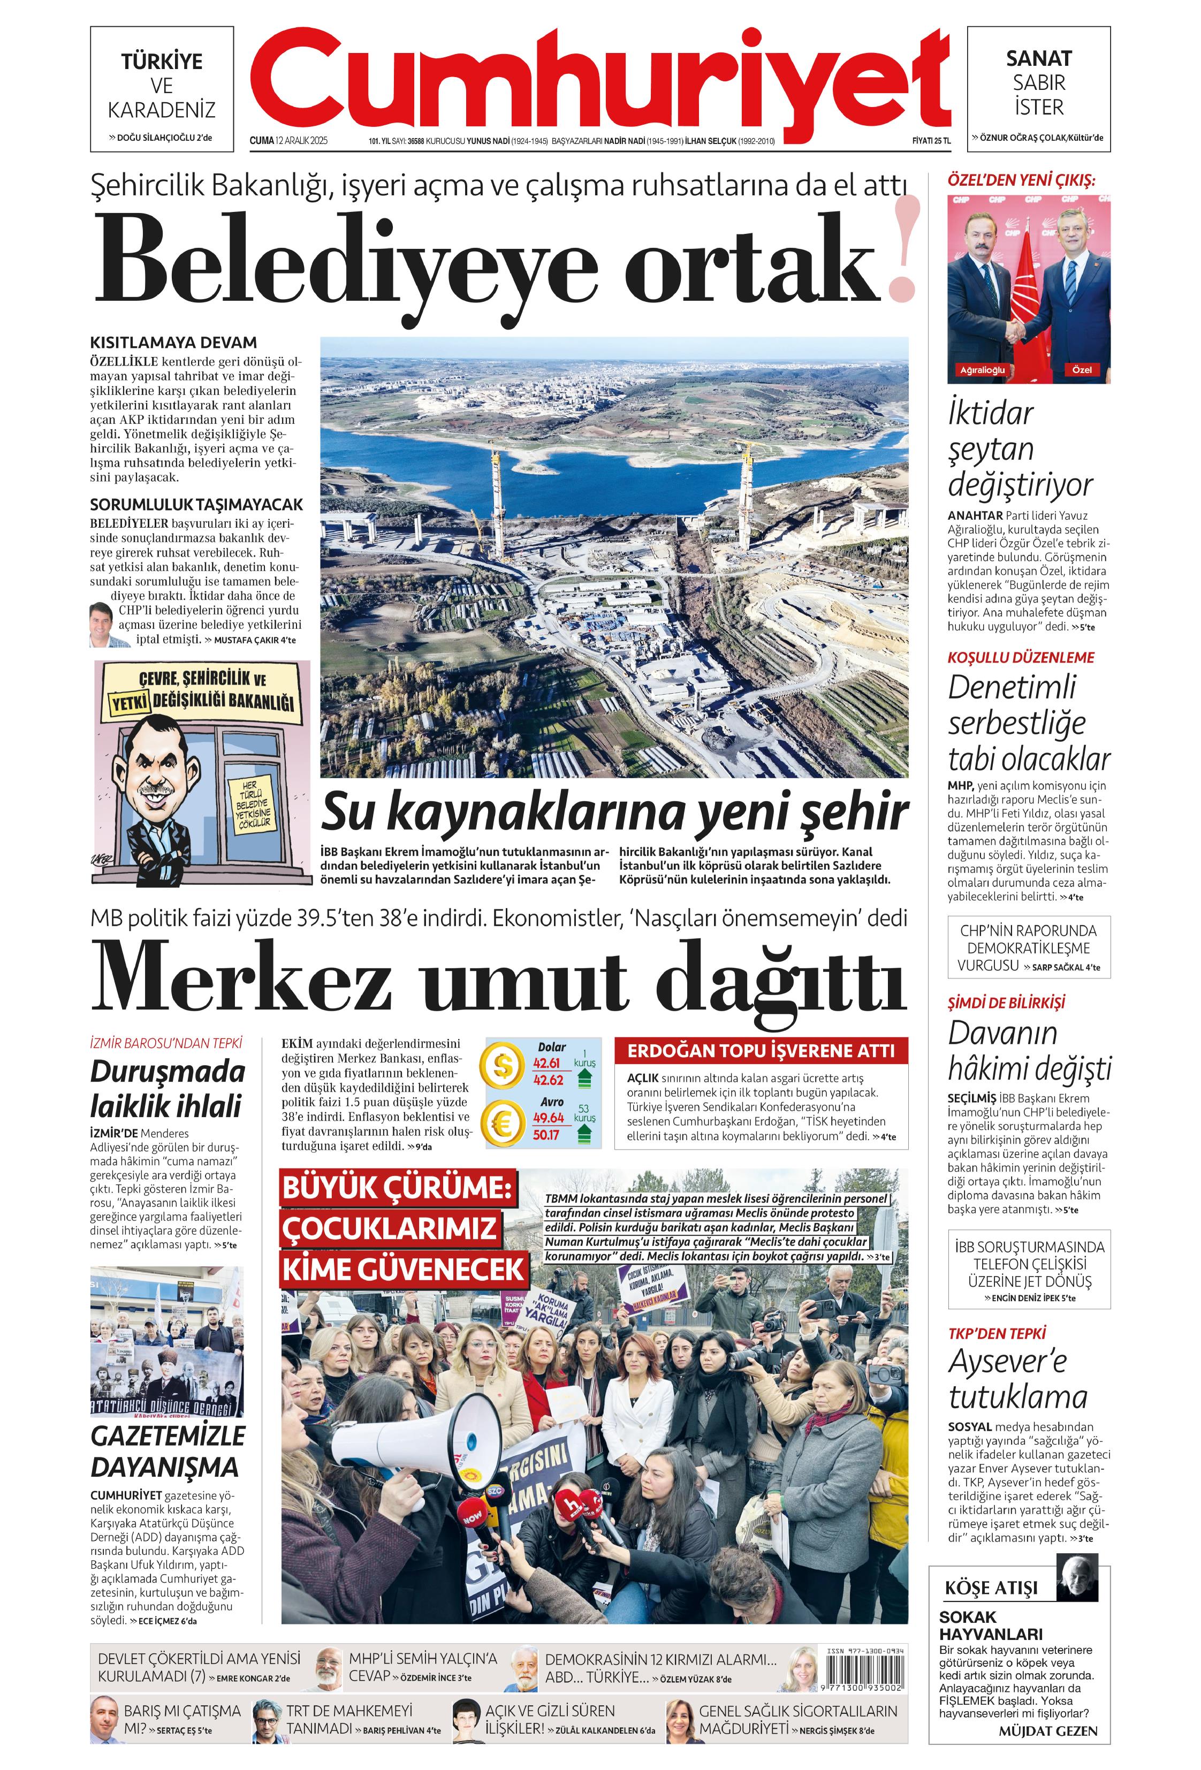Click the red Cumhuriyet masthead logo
600,80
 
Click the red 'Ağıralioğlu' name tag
983,369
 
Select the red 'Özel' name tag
1082,369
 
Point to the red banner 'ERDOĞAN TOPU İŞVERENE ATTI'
761,1051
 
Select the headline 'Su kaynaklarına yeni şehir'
614,814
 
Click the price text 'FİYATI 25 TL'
931,141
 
